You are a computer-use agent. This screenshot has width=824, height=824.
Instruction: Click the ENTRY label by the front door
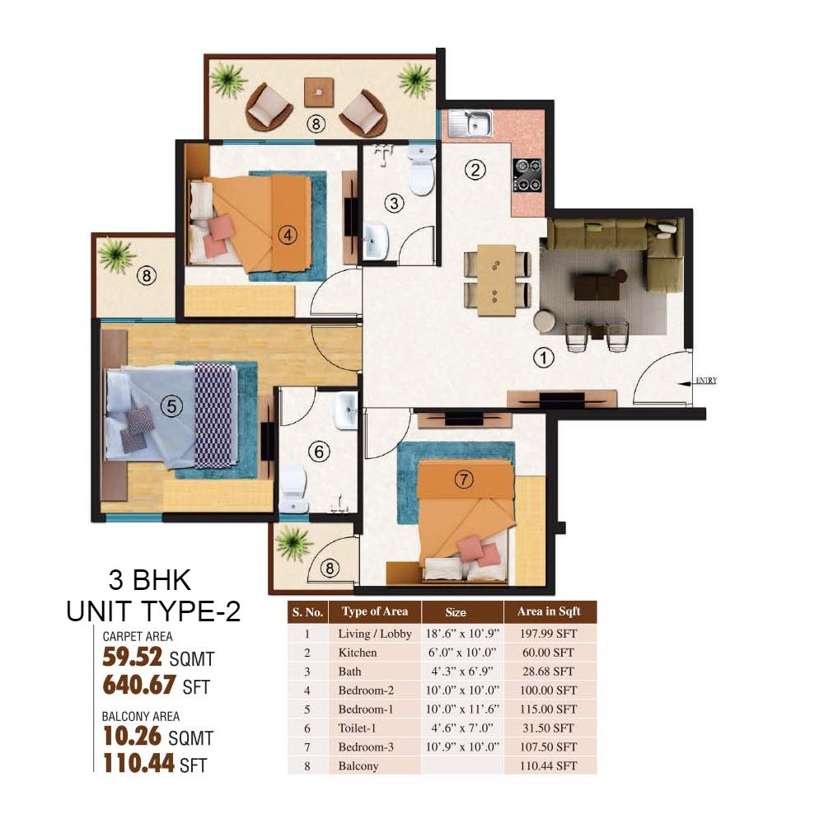pyautogui.click(x=706, y=381)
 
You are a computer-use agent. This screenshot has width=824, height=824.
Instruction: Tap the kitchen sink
pyautogui.click(x=471, y=124)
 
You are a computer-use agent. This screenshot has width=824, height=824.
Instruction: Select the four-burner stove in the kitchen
pyautogui.click(x=527, y=175)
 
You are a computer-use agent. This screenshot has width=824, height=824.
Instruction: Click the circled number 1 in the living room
pyautogui.click(x=543, y=358)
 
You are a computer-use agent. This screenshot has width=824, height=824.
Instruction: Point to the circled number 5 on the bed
pyautogui.click(x=171, y=405)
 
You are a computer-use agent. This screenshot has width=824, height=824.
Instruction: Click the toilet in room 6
pyautogui.click(x=293, y=489)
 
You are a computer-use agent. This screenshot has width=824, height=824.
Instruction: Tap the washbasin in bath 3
pyautogui.click(x=375, y=241)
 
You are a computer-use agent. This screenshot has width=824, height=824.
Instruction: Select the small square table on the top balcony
pyautogui.click(x=318, y=92)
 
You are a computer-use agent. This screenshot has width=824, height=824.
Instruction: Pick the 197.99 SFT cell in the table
pyautogui.click(x=548, y=634)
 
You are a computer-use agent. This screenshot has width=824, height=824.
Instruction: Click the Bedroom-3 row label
pyautogui.click(x=366, y=747)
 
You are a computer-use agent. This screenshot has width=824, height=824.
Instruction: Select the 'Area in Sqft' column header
pyautogui.click(x=549, y=611)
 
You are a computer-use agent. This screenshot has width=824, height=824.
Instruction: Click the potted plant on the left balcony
pyautogui.click(x=115, y=255)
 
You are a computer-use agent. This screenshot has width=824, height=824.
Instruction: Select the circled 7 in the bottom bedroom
pyautogui.click(x=463, y=480)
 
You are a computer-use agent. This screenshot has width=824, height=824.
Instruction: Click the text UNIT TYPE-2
pyautogui.click(x=153, y=611)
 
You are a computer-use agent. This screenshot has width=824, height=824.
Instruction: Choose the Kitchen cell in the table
pyautogui.click(x=358, y=653)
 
